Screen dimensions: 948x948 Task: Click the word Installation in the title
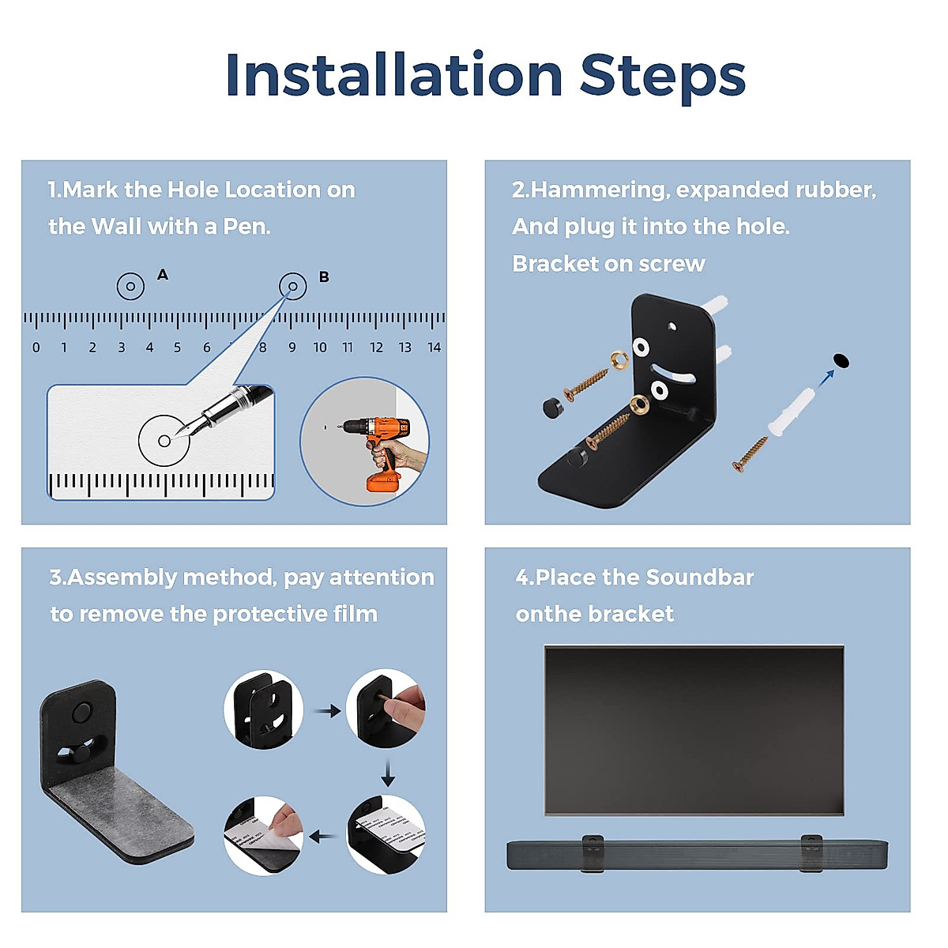coord(394,75)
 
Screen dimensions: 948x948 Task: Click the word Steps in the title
coord(663,77)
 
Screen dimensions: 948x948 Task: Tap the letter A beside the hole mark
coord(163,274)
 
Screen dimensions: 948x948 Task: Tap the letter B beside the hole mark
coord(324,277)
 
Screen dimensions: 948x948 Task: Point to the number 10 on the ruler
coord(320,348)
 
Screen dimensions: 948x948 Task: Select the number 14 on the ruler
coord(434,348)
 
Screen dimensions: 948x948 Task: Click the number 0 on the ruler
coord(36,348)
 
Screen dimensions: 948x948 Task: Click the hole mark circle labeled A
coord(130,286)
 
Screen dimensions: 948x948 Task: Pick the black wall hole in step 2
coord(841,360)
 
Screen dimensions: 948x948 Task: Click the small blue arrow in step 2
coord(826,378)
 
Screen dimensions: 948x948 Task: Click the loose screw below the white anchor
coord(750,454)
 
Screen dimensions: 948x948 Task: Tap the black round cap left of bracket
coord(554,408)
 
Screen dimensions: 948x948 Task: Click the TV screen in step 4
coord(694,731)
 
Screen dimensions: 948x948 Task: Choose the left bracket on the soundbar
coord(592,852)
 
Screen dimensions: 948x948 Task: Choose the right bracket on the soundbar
coord(811,852)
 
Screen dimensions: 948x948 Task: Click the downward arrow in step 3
coord(388,773)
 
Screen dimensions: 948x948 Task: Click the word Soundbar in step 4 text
coord(700,577)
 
